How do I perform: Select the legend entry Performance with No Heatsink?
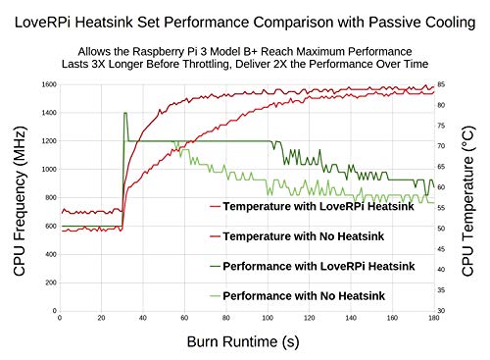click(x=318, y=295)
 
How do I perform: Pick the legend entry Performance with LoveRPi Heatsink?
click(x=318, y=266)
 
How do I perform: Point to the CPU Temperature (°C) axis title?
click(x=468, y=196)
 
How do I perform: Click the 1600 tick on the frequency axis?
click(x=47, y=84)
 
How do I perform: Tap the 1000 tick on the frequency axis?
click(x=47, y=169)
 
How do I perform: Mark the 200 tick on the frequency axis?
click(x=49, y=283)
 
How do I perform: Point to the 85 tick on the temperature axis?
click(x=441, y=84)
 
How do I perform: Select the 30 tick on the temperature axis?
click(x=441, y=311)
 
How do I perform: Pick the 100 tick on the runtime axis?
click(x=268, y=319)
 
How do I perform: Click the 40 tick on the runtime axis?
click(x=143, y=319)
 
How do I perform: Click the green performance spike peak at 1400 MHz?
click(x=125, y=113)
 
